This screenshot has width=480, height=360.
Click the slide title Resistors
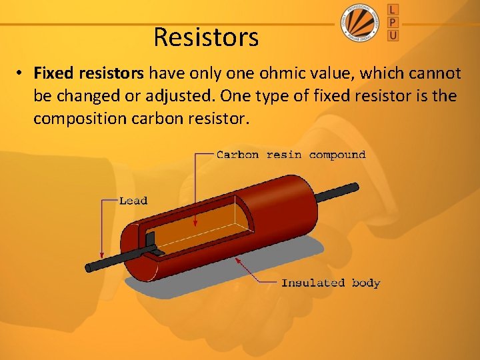(x=206, y=37)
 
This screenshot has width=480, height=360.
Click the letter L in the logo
(x=393, y=9)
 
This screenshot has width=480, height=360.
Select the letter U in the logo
(x=393, y=35)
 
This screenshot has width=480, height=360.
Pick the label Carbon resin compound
(x=291, y=155)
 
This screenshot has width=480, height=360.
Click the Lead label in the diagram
(x=133, y=200)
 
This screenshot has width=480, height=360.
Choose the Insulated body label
(x=331, y=283)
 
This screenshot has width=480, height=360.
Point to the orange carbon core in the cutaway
(x=220, y=230)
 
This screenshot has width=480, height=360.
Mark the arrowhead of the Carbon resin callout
(x=195, y=224)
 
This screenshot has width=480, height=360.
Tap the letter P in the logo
(x=393, y=22)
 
